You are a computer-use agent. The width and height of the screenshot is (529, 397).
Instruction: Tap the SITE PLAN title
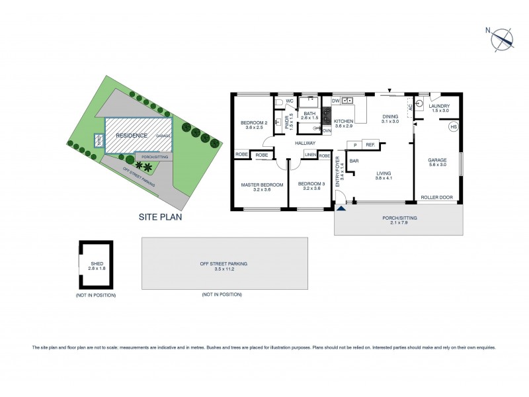pyautogui.click(x=160, y=216)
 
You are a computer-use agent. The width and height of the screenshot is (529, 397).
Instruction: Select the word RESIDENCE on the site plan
pyautogui.click(x=132, y=135)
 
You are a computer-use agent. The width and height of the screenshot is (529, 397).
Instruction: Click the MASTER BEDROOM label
pyautogui.click(x=262, y=185)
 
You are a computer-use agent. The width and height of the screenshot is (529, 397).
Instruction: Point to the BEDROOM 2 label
pyautogui.click(x=253, y=123)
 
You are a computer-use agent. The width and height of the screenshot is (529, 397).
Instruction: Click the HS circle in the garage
pyautogui.click(x=454, y=126)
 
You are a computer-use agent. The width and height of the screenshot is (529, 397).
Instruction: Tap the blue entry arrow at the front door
pyautogui.click(x=341, y=208)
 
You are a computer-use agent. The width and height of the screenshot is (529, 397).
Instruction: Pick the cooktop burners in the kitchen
pyautogui.click(x=326, y=115)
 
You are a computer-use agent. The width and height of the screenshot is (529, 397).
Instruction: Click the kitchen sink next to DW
pyautogui.click(x=348, y=101)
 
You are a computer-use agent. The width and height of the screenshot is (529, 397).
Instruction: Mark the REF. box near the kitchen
pyautogui.click(x=370, y=145)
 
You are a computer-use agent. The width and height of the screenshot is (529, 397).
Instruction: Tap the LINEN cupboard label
pyautogui.click(x=311, y=155)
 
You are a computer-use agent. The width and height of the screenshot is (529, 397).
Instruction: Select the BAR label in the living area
pyautogui.click(x=354, y=161)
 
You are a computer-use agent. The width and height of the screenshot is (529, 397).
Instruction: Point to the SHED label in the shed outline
pyautogui.click(x=97, y=264)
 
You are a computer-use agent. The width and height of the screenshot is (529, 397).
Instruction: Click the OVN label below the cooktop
pyautogui.click(x=327, y=131)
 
